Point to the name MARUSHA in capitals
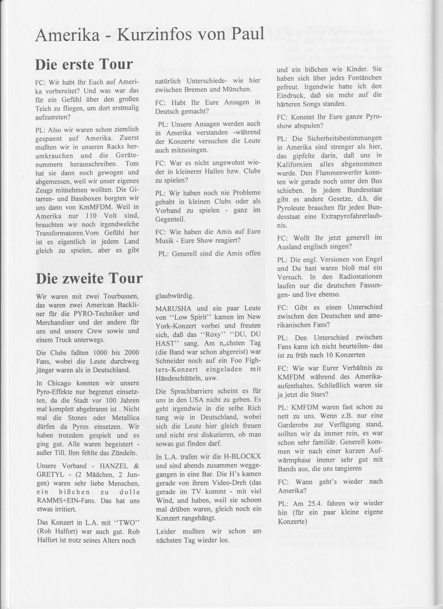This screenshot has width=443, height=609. (170, 308)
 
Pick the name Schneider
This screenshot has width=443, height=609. (171, 360)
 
